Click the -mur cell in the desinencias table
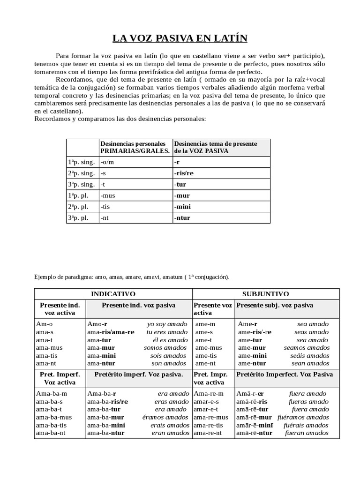pyautogui.click(x=182, y=195)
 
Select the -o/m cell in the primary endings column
pyautogui.click(x=107, y=162)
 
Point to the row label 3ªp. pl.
pyautogui.click(x=78, y=217)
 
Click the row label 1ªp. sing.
pyautogui.click(x=82, y=162)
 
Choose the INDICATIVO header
pyautogui.click(x=113, y=294)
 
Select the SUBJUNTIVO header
pyautogui.click(x=265, y=294)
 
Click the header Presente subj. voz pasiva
pyautogui.click(x=275, y=305)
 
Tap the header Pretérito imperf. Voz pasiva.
pyautogui.click(x=138, y=375)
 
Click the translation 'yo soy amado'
pyautogui.click(x=167, y=324)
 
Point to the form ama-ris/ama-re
pyautogui.click(x=111, y=332)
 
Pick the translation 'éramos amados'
pyautogui.click(x=165, y=417)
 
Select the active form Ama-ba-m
pyautogui.click(x=52, y=394)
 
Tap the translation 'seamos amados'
pyautogui.click(x=307, y=348)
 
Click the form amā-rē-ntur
pyautogui.click(x=255, y=433)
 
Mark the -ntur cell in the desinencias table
pyautogui.click(x=182, y=217)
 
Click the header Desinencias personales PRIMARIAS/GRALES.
pyautogui.click(x=135, y=147)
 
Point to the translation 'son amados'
pyautogui.click(x=169, y=363)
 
